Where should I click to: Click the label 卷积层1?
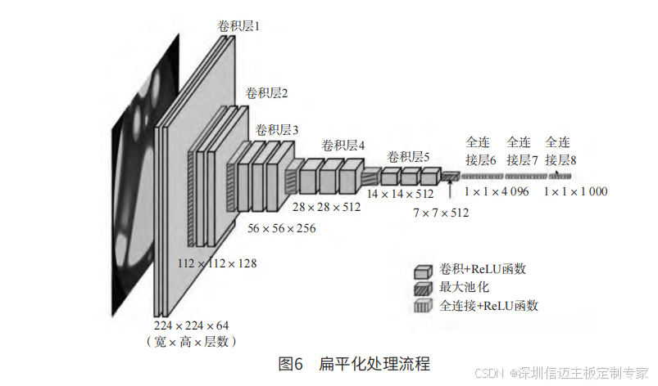pos(238,27)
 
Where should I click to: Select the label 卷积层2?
pos(266,93)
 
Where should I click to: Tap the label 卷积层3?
pos(277,130)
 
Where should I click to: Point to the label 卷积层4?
pos(343,145)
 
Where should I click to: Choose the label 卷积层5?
pos(408,157)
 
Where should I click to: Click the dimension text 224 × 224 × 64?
pos(191,325)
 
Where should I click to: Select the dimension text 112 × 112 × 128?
pos(217,263)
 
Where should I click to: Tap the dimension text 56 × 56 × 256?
pos(281,229)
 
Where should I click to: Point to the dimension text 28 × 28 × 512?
pos(326,207)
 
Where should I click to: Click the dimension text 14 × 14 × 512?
pos(400,194)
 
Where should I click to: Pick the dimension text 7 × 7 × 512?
pos(441,213)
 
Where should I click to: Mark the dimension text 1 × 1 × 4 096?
pos(497,191)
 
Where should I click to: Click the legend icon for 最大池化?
pos(423,288)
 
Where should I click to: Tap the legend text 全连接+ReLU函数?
pos(489,306)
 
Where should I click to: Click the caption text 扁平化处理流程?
pos(374,363)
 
